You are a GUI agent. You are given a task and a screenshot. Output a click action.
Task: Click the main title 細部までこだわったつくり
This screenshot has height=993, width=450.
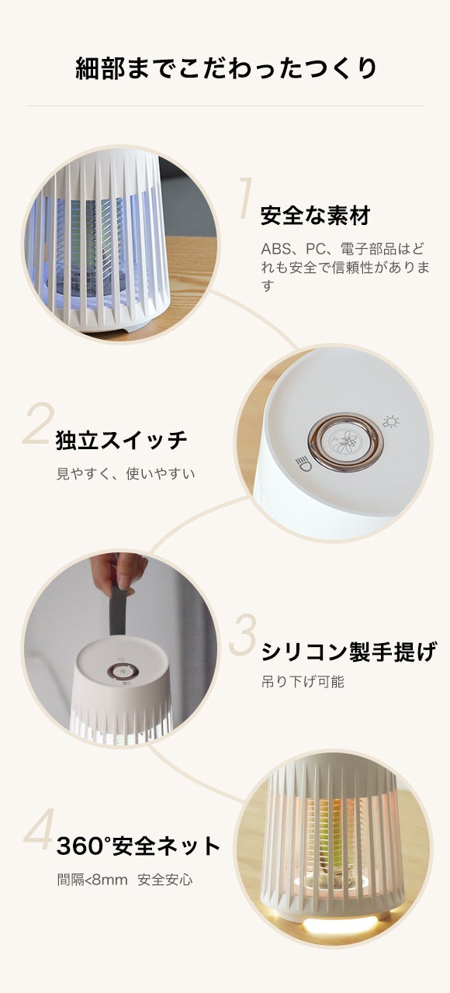[226, 68]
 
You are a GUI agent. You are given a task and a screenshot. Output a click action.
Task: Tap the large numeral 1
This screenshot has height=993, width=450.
[246, 198]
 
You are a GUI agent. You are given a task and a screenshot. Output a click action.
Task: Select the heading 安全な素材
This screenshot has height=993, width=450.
[315, 216]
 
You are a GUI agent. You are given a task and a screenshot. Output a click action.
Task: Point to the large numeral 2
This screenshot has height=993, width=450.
[38, 424]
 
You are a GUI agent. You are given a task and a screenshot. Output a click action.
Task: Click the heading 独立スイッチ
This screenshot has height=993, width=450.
[122, 440]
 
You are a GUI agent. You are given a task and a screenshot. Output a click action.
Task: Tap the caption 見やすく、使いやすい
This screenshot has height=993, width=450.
[126, 473]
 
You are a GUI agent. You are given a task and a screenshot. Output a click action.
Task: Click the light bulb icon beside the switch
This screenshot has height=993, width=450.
[391, 422]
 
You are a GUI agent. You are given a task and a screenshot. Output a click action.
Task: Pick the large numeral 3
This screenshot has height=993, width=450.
[243, 635]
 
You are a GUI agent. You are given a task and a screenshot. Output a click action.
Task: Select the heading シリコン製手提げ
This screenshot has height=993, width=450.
[349, 652]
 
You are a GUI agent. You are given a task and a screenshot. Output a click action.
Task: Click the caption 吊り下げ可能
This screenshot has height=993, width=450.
[303, 681]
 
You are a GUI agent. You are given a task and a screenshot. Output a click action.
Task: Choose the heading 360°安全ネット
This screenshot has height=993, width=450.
[138, 846]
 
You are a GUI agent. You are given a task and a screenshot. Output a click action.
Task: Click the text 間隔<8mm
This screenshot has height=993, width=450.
[92, 880]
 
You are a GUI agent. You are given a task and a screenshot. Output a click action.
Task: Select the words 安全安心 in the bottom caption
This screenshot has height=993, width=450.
[165, 880]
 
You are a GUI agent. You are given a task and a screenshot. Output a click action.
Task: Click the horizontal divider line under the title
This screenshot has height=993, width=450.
[225, 106]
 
